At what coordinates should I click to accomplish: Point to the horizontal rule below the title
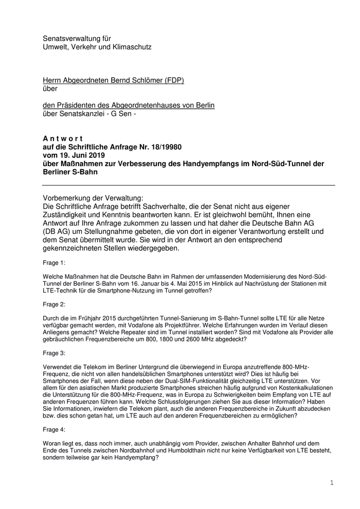tap(188, 185)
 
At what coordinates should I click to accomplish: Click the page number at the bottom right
tap(332, 483)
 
